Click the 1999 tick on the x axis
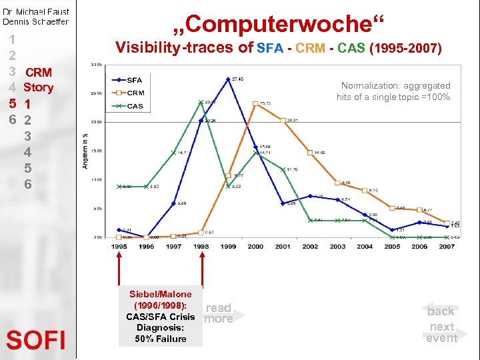228,246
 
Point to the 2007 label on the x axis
447,246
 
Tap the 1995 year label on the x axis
119,246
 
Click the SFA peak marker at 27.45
228,79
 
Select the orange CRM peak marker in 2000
256,103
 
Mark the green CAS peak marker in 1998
201,102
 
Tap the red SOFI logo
36,340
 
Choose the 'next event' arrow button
441,332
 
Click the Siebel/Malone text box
160,317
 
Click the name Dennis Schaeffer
36,21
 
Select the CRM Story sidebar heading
38,80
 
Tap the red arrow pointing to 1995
119,280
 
